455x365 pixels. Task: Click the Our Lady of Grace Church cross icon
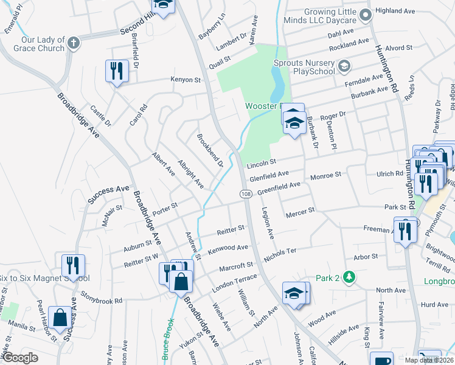pyautogui.click(x=73, y=43)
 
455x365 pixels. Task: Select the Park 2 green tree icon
pyautogui.click(x=349, y=277)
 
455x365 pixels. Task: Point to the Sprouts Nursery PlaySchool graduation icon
pyautogui.click(x=344, y=65)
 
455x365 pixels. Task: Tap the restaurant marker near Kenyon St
pyautogui.click(x=116, y=71)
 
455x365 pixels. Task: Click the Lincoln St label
pyautogui.click(x=262, y=163)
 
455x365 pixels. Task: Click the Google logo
pyautogui.click(x=19, y=358)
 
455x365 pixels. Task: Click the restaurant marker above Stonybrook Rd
pyautogui.click(x=72, y=265)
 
